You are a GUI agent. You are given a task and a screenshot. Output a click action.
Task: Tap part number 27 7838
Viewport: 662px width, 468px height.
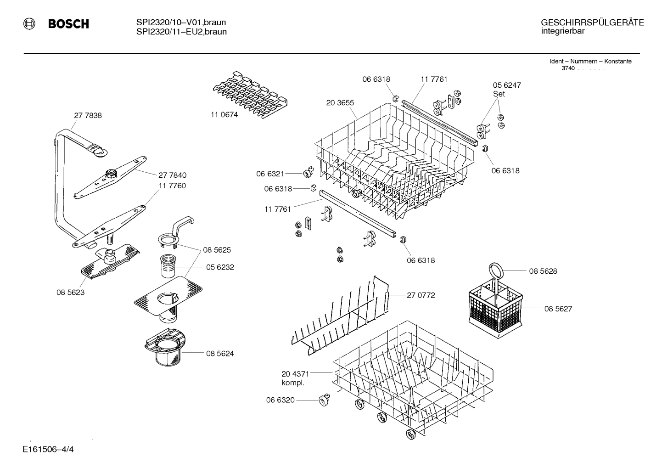coord(88,116)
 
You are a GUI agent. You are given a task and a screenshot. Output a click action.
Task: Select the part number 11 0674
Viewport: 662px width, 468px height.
coord(224,115)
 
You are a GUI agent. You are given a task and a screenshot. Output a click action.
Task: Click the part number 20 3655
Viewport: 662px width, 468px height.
coord(340,103)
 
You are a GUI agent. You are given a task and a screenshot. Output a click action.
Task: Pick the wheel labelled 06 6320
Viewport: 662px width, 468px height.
coord(324,400)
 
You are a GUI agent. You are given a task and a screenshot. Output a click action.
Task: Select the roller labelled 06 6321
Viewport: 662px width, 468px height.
coord(308,174)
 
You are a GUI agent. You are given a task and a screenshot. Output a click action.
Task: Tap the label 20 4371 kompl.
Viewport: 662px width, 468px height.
coord(295,378)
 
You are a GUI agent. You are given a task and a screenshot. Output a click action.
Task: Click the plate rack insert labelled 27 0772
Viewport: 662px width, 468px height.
coord(340,317)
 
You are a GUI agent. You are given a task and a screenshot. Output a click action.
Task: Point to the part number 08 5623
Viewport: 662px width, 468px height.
coord(71,292)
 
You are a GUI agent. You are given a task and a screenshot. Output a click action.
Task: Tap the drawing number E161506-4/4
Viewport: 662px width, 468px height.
coord(47,449)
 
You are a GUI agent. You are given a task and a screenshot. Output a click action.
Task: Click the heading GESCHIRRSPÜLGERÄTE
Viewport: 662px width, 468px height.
coord(592,23)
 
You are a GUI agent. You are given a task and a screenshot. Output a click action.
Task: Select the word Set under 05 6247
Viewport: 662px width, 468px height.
coord(499,94)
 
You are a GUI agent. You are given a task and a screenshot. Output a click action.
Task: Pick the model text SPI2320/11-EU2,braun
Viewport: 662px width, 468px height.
coord(181,32)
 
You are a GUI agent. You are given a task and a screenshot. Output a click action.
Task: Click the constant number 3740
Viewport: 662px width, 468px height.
coord(568,68)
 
